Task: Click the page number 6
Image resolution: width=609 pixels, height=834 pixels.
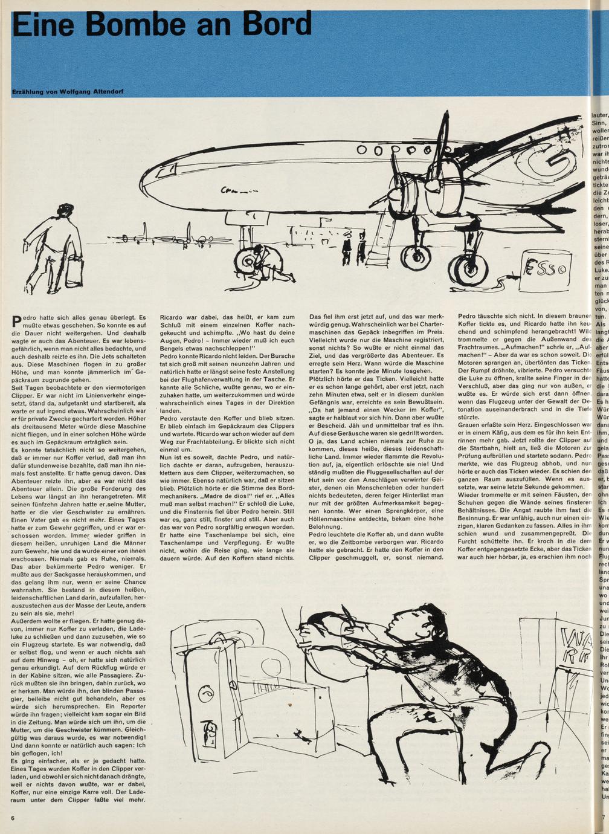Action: coord(12,818)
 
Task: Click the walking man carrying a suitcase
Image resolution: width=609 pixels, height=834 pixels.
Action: coord(60,245)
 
